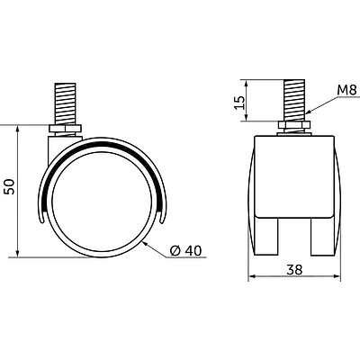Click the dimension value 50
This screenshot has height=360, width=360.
(x=11, y=186)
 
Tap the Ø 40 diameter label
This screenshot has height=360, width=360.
(x=185, y=251)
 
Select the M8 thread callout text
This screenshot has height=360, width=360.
(x=346, y=90)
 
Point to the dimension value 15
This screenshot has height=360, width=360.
(x=239, y=103)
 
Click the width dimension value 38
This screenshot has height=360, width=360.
(x=294, y=270)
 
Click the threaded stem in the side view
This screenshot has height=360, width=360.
(x=65, y=104)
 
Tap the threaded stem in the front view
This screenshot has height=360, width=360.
(x=294, y=101)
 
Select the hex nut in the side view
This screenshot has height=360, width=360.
(x=65, y=129)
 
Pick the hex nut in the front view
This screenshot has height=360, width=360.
(x=294, y=125)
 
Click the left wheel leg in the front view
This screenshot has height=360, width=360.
(x=266, y=237)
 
